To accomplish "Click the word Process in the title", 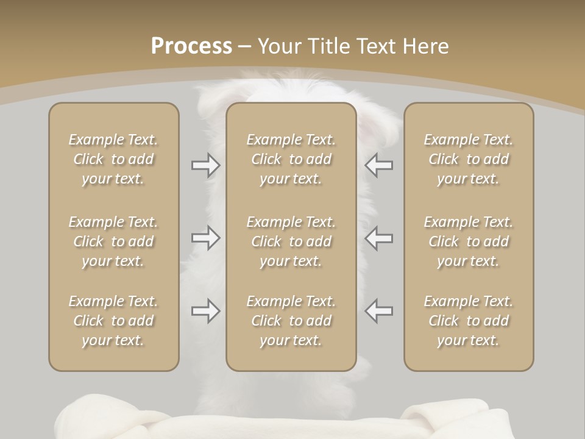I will coord(191,46).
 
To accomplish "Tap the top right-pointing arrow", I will coord(206,165).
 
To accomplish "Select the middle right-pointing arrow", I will coord(206,238).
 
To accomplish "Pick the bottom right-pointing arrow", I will coord(206,312).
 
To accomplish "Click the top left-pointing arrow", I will coord(378,165).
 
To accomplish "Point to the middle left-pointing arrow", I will coord(378,238).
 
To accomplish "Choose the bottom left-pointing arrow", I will coord(378,312).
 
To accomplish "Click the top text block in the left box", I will coord(113,159).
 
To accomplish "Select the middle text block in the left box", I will coord(113,241).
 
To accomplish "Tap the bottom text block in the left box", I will coord(113,321).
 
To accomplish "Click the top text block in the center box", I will coord(291,159).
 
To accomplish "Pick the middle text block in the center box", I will coord(291,241).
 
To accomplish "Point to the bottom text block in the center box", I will coord(291,321).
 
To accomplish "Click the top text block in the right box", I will coord(469,159).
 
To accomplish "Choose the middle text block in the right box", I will coord(469,241).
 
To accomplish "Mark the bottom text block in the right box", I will coord(469,321).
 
